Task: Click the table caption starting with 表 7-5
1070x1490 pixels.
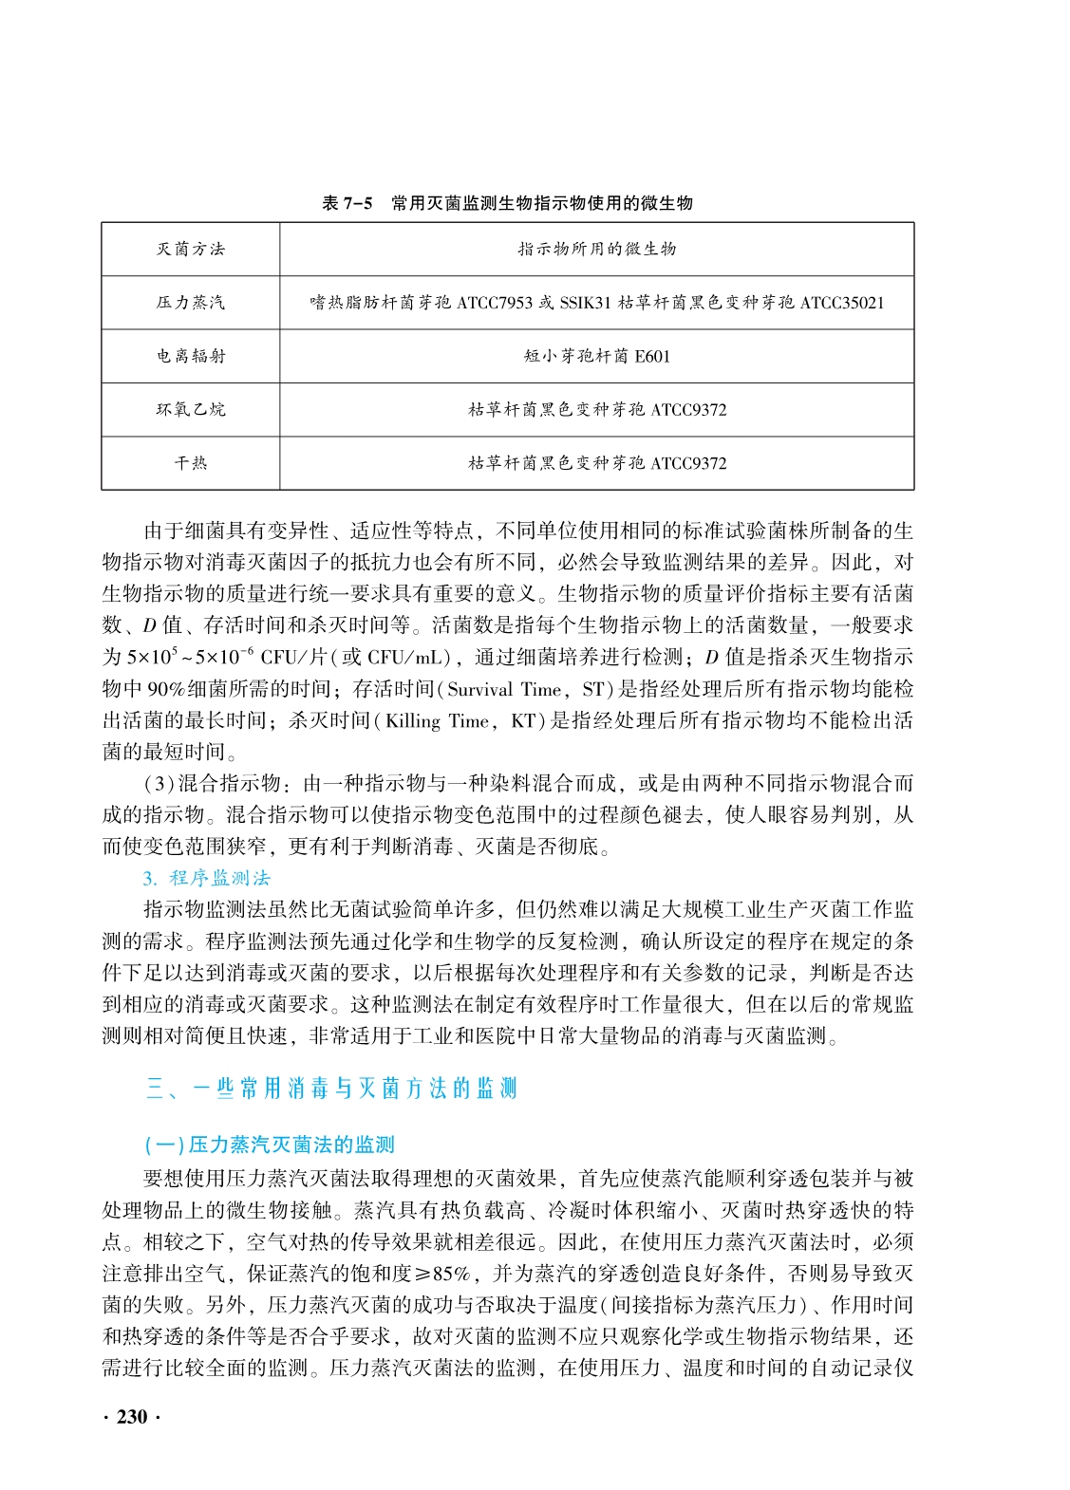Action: pos(508,203)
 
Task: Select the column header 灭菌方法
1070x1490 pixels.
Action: pos(191,250)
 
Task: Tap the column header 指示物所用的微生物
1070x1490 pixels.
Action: pos(596,250)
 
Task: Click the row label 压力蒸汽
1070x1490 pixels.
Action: pos(191,303)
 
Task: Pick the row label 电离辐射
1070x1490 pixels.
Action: pos(191,357)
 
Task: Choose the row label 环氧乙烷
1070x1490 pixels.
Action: pos(191,410)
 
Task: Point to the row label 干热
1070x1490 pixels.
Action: pos(191,463)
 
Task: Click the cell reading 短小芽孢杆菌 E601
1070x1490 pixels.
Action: pos(596,357)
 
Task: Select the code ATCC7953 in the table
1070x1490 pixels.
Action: pos(496,303)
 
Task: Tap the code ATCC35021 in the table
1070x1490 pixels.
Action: pos(841,303)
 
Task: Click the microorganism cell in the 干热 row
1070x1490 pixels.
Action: pos(596,463)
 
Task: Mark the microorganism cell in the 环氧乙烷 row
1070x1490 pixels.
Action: pos(596,410)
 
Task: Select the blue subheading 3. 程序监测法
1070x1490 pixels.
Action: pos(207,878)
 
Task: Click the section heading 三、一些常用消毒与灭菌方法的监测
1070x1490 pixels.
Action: pos(331,1089)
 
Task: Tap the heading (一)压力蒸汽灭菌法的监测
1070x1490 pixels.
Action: pos(269,1145)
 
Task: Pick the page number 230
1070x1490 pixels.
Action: pos(131,1417)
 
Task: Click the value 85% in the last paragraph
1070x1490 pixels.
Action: pos(451,1275)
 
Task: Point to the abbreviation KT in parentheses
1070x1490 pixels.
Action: pos(523,721)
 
